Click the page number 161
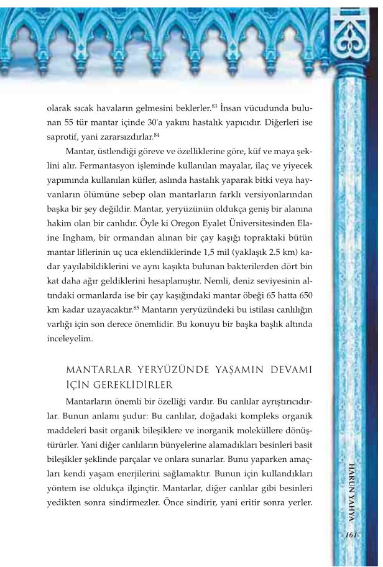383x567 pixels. click(x=352, y=534)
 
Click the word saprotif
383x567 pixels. click(x=65, y=136)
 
